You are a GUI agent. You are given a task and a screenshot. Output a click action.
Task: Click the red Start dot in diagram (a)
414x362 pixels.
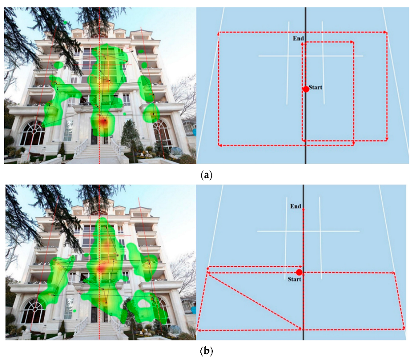click(x=306, y=89)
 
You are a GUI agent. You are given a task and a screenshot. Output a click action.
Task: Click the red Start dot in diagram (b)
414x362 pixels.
click(x=299, y=272)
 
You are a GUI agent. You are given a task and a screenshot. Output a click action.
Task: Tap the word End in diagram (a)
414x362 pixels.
click(x=298, y=38)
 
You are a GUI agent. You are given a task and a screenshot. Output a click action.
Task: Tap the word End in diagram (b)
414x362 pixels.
click(x=296, y=206)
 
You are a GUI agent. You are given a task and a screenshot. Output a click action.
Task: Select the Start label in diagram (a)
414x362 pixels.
click(x=315, y=87)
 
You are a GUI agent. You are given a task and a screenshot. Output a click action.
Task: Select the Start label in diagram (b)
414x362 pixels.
click(x=294, y=279)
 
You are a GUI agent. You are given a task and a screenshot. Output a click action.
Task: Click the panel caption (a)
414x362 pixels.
click(x=207, y=175)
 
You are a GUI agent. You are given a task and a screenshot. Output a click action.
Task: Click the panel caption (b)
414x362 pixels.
click(x=207, y=351)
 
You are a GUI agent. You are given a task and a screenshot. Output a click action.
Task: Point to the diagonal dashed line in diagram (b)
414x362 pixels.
click(x=255, y=301)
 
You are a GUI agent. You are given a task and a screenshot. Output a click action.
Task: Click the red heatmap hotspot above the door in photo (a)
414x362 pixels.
click(x=104, y=122)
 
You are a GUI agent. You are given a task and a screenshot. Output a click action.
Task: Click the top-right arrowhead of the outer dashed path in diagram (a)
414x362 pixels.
click(x=385, y=32)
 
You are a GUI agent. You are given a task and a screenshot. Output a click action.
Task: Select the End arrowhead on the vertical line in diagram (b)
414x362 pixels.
click(x=303, y=209)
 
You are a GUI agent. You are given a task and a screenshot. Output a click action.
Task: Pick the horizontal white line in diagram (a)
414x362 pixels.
click(x=311, y=56)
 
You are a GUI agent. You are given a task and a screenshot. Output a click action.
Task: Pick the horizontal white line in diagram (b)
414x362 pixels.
click(x=308, y=231)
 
